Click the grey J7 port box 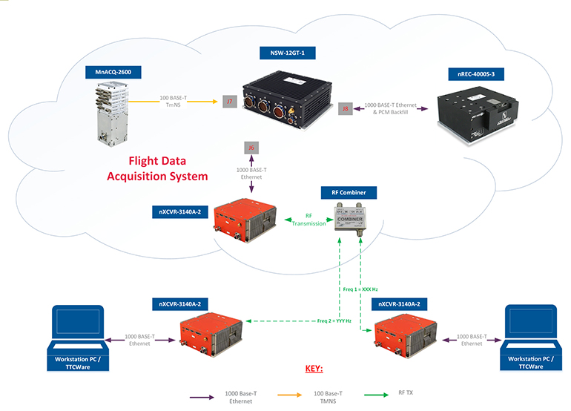coord(230,100)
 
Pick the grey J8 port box coord(345,109)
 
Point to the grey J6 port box coord(252,148)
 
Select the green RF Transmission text coord(308,220)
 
